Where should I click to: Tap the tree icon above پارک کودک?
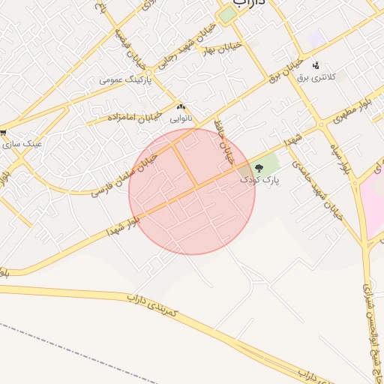[259, 169]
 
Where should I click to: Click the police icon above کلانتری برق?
[316, 65]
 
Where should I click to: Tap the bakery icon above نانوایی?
[181, 106]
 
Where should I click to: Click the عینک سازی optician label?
[22, 142]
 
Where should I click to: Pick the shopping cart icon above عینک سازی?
[4, 130]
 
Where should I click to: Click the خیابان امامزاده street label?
[133, 117]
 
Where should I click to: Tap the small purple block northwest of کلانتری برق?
[316, 37]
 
